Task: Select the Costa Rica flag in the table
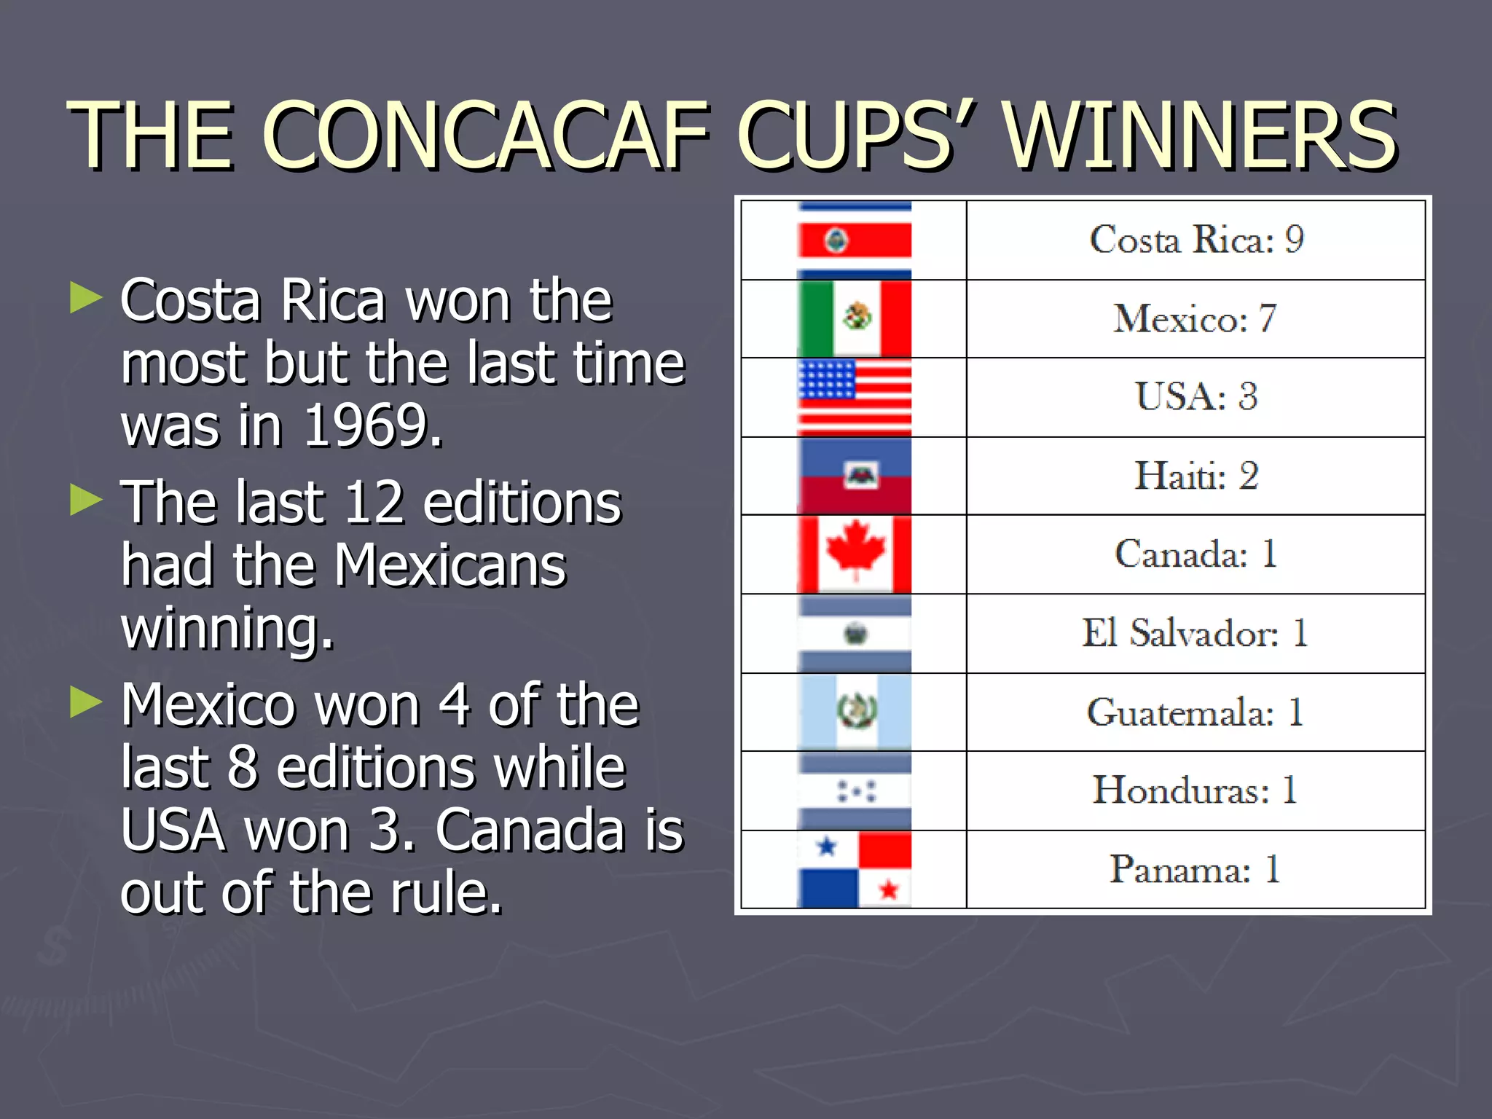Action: [x=855, y=240]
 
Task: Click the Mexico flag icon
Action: [x=855, y=318]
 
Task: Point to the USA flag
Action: [x=855, y=397]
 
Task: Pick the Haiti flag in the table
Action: [x=855, y=476]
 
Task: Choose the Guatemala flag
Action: [x=855, y=712]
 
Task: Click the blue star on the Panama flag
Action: [x=827, y=847]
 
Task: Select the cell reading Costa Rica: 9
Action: [x=1196, y=240]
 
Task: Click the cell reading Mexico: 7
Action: [x=1196, y=318]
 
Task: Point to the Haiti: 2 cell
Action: [x=1196, y=476]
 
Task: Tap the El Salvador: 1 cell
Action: [x=1196, y=633]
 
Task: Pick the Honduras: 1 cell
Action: [x=1196, y=790]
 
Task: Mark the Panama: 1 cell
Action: [x=1196, y=869]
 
